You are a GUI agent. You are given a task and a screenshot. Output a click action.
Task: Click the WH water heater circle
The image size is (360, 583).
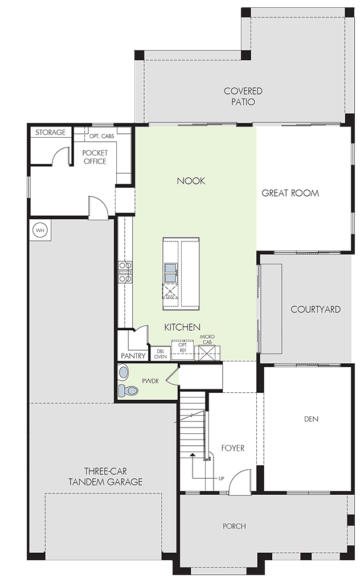click(40, 231)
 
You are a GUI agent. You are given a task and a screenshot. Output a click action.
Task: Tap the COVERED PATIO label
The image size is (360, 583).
click(243, 96)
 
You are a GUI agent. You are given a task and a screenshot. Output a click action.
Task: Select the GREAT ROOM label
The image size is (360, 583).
click(290, 193)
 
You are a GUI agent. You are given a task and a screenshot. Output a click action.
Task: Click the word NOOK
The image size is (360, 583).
click(191, 181)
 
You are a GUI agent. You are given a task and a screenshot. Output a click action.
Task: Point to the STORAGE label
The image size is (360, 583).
click(50, 132)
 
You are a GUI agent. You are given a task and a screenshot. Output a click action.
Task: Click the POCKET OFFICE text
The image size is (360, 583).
click(95, 157)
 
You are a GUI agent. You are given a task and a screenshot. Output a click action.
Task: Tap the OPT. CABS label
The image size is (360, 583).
click(101, 137)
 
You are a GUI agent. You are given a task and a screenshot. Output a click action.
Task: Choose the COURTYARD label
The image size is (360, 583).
click(316, 309)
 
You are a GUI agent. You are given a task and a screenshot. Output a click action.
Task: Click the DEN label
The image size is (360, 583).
click(311, 419)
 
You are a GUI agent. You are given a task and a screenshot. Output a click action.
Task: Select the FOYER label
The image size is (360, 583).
click(233, 448)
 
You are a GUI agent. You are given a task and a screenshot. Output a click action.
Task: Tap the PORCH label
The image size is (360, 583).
click(234, 526)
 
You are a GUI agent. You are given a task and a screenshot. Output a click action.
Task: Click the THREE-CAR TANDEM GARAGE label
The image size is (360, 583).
click(105, 477)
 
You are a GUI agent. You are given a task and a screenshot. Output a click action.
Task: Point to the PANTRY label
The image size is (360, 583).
click(133, 356)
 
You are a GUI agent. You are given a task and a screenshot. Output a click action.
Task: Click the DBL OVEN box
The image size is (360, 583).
click(160, 354)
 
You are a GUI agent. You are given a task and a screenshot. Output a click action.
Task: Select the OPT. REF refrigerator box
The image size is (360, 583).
click(183, 350)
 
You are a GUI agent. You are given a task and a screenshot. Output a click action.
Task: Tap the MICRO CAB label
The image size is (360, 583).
click(207, 339)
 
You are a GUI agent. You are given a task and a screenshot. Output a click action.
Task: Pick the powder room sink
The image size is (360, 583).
click(123, 371)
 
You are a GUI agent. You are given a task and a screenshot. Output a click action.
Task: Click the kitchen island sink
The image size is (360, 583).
click(171, 273)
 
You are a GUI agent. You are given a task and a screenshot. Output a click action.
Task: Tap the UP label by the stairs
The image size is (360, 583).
click(221, 478)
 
